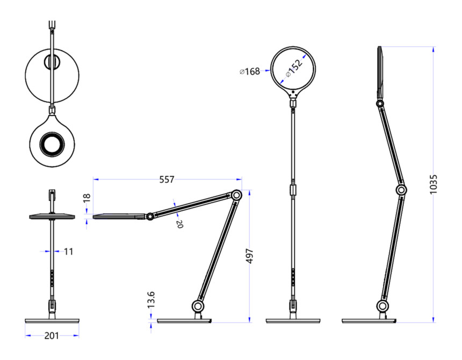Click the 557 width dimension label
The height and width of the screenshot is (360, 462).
click(167, 179)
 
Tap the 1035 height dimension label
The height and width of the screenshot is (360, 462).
click(433, 184)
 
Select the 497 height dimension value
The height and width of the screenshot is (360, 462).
click(249, 256)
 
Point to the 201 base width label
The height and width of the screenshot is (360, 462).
click(52, 335)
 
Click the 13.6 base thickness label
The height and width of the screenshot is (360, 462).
click(151, 300)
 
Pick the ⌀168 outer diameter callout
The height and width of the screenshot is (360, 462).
click(250, 71)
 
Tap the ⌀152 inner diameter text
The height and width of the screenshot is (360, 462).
click(294, 68)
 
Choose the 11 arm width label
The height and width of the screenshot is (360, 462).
click(68, 251)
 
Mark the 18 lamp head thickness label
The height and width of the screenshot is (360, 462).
click(86, 198)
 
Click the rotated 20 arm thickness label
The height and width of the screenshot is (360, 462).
click(179, 224)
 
